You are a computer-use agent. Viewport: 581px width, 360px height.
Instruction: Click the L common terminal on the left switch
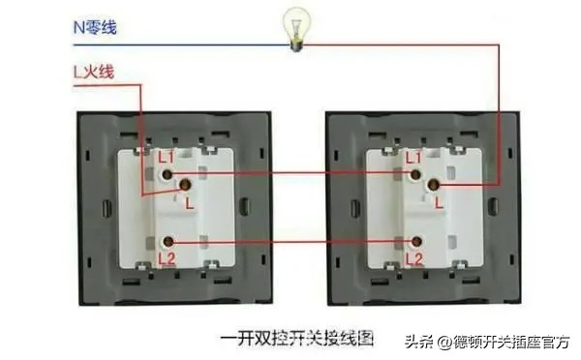click(x=187, y=185)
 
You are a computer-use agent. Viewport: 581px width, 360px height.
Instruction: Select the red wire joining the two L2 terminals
click(x=290, y=241)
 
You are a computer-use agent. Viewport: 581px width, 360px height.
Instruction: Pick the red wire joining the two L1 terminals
click(x=290, y=175)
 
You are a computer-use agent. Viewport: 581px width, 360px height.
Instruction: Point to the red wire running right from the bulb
click(x=407, y=45)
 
